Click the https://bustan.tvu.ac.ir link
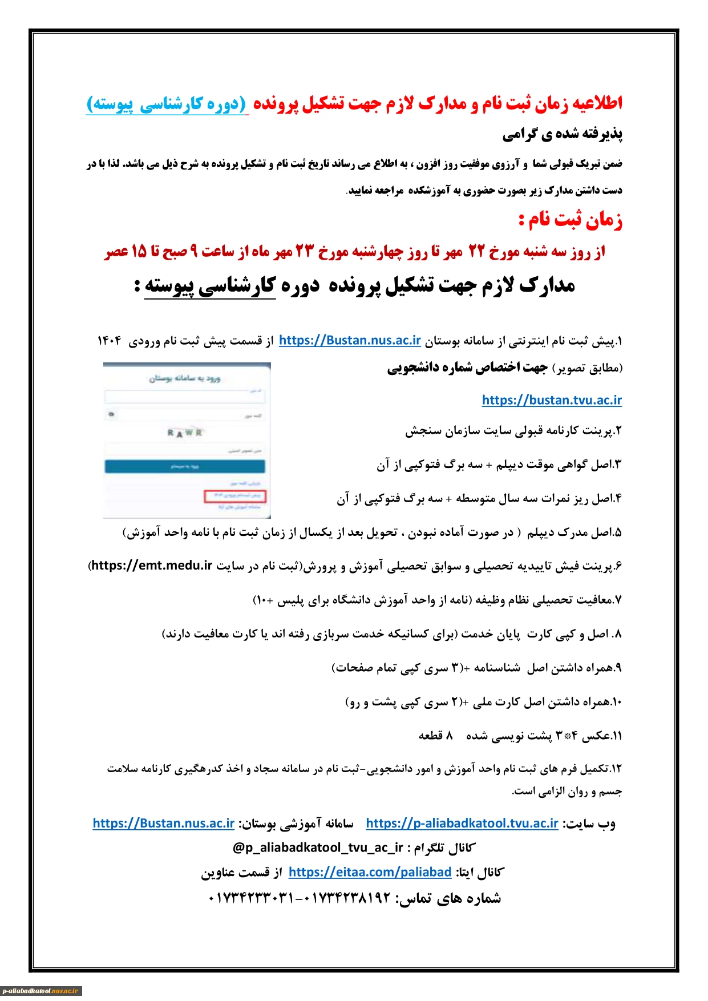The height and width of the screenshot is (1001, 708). [x=552, y=400]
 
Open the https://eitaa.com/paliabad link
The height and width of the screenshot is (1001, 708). [x=370, y=872]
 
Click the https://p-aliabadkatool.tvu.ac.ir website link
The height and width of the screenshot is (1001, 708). [x=462, y=823]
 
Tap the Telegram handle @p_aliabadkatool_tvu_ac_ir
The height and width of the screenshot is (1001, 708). [x=318, y=847]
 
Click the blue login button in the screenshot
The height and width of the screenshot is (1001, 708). [x=185, y=466]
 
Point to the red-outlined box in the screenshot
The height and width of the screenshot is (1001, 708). [x=235, y=495]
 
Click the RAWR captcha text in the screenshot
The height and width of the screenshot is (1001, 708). [x=185, y=433]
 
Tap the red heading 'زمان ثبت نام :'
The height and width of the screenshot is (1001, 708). [x=570, y=220]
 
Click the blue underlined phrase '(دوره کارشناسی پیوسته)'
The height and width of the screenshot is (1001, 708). [x=167, y=104]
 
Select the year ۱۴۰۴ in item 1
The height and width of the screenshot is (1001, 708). [x=110, y=341]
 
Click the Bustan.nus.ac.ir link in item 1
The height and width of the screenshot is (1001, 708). [x=350, y=341]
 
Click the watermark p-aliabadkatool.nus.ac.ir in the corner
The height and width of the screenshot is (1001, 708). [x=41, y=991]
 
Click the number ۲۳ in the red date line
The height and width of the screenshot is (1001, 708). [x=304, y=252]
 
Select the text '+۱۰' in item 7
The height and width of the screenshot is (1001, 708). [x=264, y=600]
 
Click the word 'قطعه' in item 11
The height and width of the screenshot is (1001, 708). [x=430, y=736]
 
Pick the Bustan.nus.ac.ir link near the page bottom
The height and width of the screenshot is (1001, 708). [x=164, y=823]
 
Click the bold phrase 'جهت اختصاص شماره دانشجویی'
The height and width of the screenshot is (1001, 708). [x=467, y=368]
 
